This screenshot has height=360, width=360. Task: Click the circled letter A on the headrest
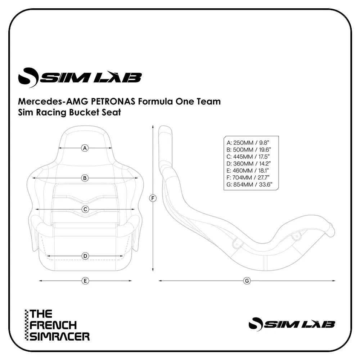pos(85,148)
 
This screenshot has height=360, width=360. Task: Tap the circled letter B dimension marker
pos(85,178)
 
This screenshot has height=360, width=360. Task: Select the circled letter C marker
pos(85,209)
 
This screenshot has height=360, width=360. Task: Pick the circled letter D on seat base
pos(85,256)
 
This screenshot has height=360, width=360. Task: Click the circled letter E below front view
pos(85,280)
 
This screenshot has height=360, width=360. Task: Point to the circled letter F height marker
pos(153,198)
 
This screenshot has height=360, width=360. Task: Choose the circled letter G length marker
pos(247,280)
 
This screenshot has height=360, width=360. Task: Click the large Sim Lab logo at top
pos(80,77)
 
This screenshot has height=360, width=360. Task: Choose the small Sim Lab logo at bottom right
pos(292,324)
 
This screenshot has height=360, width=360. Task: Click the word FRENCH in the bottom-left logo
pos(53,325)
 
